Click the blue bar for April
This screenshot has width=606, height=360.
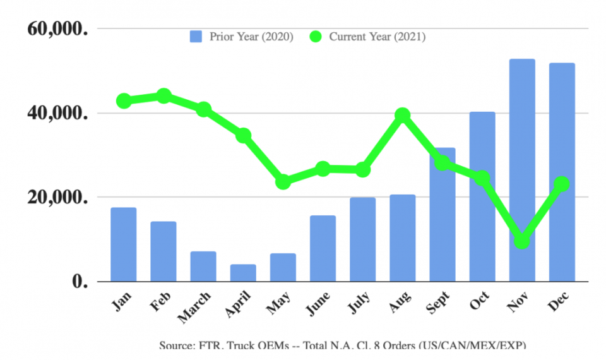click(x=243, y=273)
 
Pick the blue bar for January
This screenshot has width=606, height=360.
click(x=123, y=244)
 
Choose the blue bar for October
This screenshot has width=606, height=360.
click(x=482, y=196)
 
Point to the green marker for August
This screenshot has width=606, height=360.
click(x=403, y=115)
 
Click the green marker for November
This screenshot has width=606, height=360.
click(x=522, y=241)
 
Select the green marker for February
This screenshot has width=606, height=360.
click(x=163, y=96)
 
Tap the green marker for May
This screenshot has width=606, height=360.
click(x=283, y=182)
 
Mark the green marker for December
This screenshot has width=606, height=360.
click(x=562, y=184)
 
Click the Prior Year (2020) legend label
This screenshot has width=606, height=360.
click(x=251, y=37)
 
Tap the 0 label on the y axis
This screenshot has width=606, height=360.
click(x=79, y=282)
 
